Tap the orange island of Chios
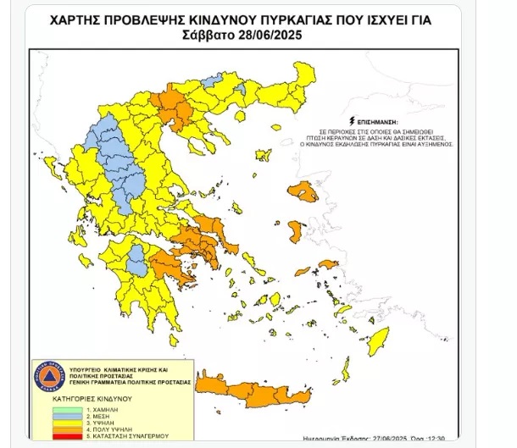296,230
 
